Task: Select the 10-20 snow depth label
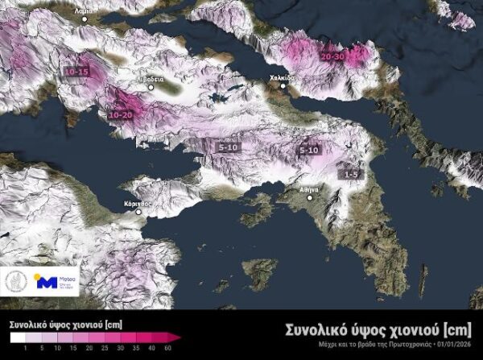tap(119, 115)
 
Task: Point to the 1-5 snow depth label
tap(350, 174)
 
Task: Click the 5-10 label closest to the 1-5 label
tap(310, 151)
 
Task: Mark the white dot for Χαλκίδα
tap(283, 85)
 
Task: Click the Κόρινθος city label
tap(138, 205)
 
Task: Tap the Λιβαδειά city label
tap(151, 80)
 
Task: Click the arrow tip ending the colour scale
tap(179, 337)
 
